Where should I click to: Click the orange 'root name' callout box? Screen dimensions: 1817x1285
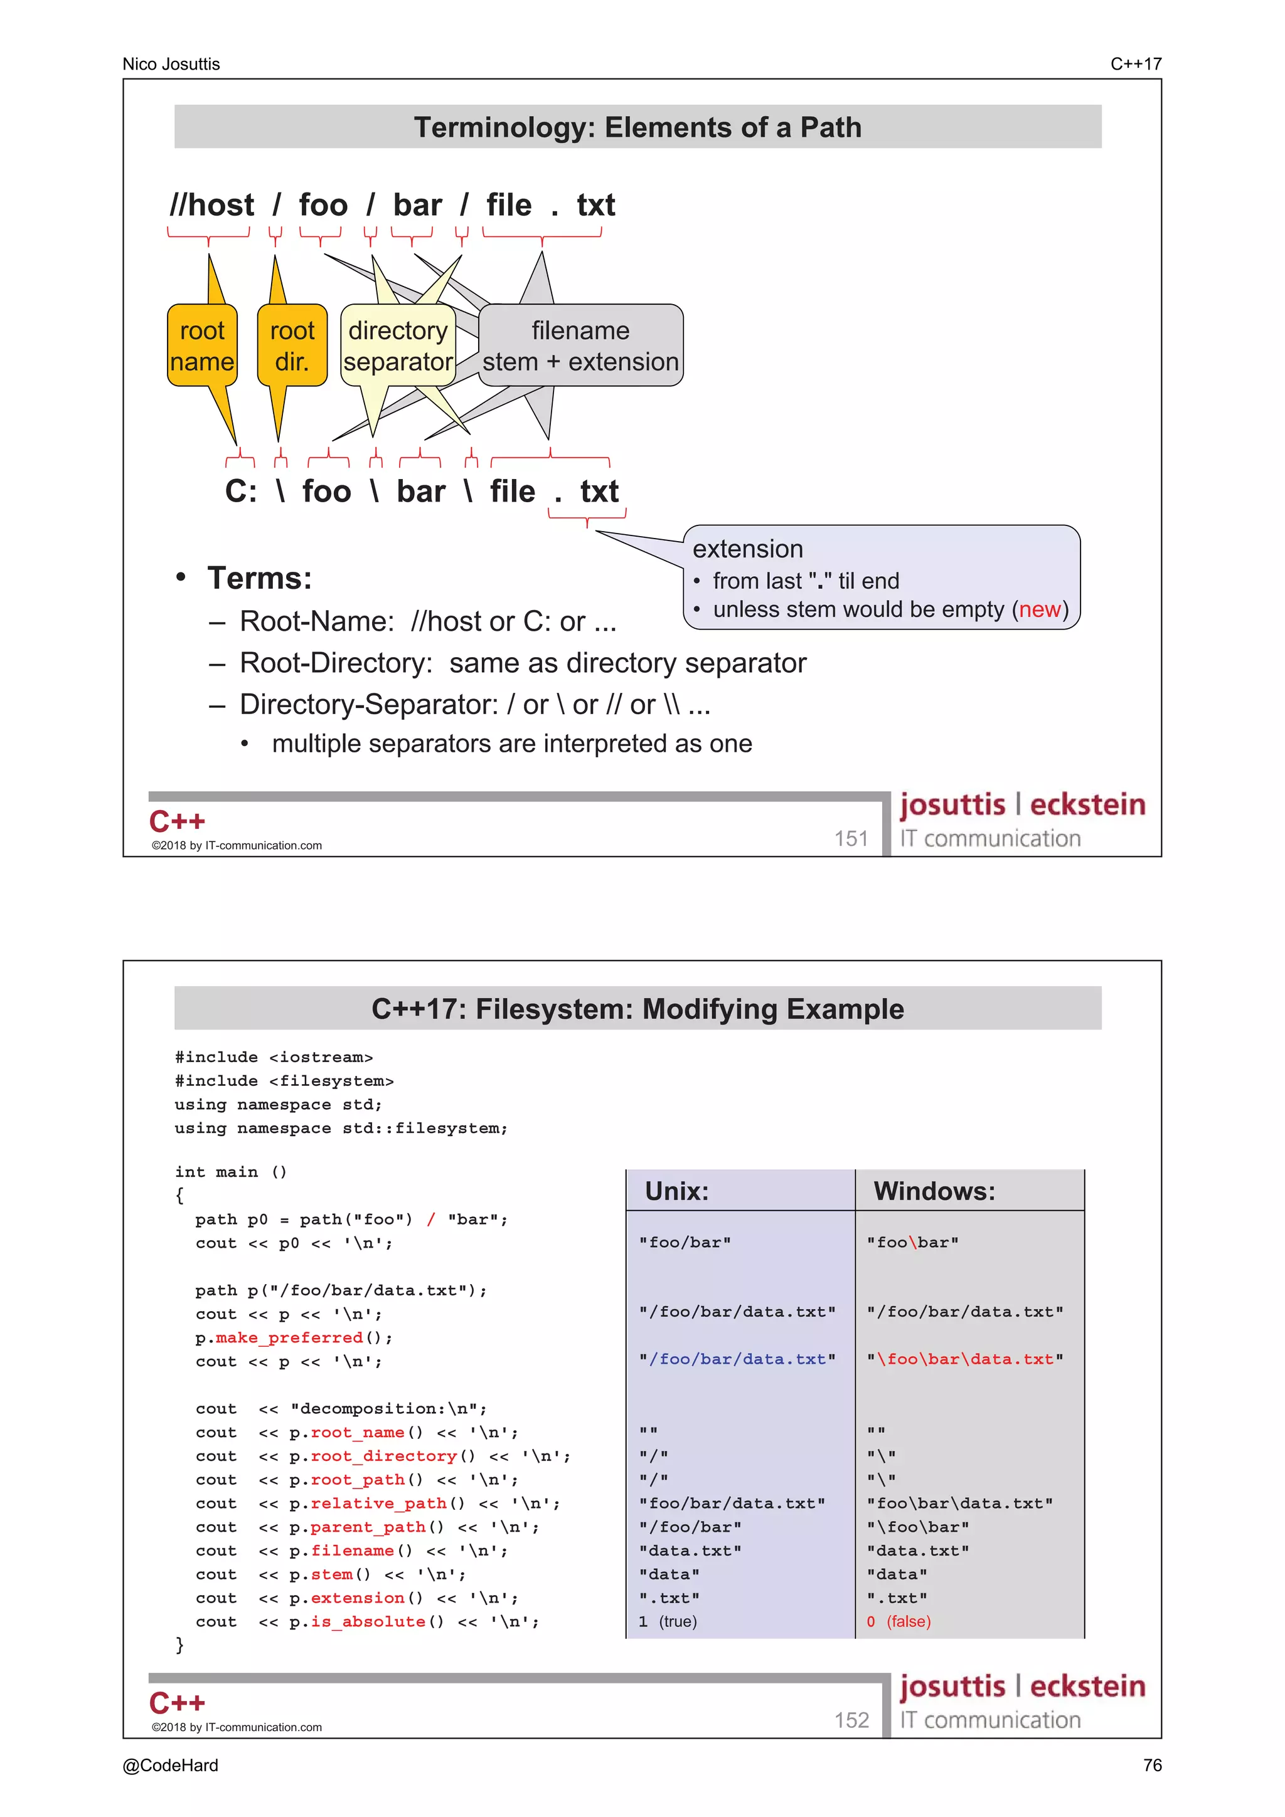(202, 346)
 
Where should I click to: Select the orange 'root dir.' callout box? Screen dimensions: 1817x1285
(292, 346)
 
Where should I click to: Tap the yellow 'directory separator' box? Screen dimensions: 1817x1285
(397, 346)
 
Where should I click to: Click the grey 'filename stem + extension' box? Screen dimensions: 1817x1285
(580, 346)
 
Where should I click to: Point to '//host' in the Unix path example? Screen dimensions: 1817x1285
(212, 206)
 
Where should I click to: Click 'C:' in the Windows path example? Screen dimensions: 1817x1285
(241, 492)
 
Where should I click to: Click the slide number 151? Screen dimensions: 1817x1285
(851, 838)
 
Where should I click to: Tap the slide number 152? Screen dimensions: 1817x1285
(851, 1720)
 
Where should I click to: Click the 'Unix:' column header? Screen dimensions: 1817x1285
(677, 1191)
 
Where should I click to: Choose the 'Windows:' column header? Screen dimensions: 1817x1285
(934, 1191)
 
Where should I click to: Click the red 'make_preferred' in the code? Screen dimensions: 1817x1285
(289, 1337)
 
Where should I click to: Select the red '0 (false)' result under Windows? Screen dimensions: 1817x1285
(898, 1621)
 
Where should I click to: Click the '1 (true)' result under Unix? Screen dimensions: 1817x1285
(668, 1621)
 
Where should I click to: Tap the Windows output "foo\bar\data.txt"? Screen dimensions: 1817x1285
(959, 1504)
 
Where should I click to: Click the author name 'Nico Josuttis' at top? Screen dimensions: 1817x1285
(171, 64)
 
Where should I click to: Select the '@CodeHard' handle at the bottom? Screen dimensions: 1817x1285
(170, 1766)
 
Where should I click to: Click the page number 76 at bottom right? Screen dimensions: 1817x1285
(1152, 1766)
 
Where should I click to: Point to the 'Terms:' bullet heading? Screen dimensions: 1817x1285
(260, 579)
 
